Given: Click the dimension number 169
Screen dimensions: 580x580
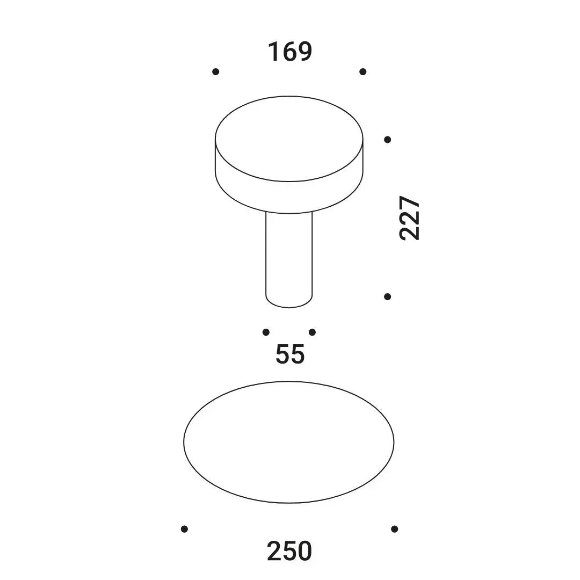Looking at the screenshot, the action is (x=290, y=52).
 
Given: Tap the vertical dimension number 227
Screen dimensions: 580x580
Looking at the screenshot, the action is (x=409, y=218).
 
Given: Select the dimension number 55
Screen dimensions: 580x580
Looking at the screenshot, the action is (x=290, y=354).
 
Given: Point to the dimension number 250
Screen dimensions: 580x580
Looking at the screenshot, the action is (x=289, y=551).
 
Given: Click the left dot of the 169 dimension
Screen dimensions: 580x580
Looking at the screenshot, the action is (x=216, y=72).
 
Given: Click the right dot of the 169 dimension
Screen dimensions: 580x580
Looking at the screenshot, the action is (x=363, y=72).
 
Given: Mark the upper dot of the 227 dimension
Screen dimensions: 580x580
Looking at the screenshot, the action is (x=388, y=140).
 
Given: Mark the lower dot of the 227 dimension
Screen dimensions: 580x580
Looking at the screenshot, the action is (x=388, y=296).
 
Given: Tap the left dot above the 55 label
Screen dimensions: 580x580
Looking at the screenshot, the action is (x=266, y=332).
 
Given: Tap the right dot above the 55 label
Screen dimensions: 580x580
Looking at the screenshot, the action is (x=312, y=332).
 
